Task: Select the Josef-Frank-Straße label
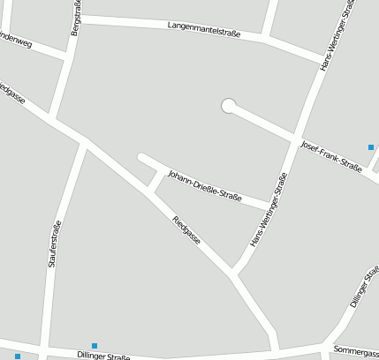pyautogui.click(x=331, y=155)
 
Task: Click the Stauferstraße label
pyautogui.click(x=54, y=244)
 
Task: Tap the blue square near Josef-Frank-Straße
pyautogui.click(x=371, y=146)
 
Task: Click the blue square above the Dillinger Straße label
pyautogui.click(x=95, y=345)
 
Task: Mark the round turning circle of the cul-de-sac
pyautogui.click(x=229, y=106)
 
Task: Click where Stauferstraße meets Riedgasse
pyautogui.click(x=84, y=141)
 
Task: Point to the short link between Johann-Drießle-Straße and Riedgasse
pyautogui.click(x=156, y=180)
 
